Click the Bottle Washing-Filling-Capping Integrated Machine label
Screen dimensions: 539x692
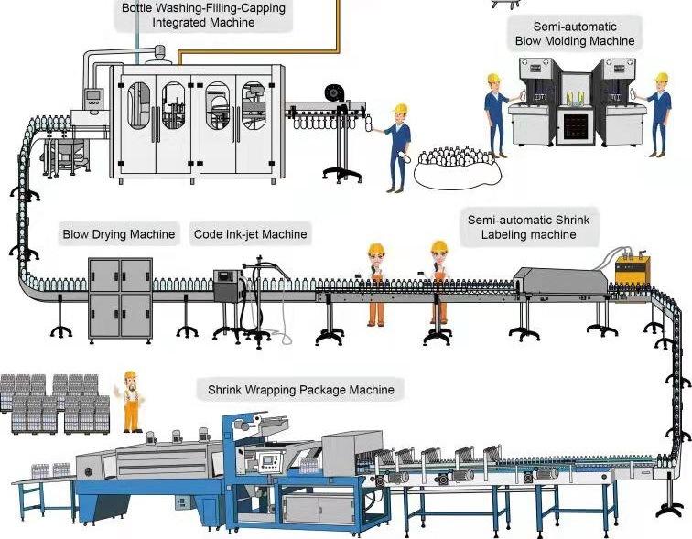click(x=203, y=15)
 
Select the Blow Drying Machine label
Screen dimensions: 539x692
click(x=118, y=234)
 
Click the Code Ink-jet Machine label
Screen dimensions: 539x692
click(x=250, y=234)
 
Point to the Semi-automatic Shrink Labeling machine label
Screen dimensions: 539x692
click(x=528, y=227)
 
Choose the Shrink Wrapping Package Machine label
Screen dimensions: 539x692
click(x=300, y=390)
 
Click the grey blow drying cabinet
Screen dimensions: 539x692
click(x=120, y=296)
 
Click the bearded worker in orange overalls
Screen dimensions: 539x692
click(x=132, y=403)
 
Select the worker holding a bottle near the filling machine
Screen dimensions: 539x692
click(x=397, y=146)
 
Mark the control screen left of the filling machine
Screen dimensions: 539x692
click(x=92, y=98)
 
